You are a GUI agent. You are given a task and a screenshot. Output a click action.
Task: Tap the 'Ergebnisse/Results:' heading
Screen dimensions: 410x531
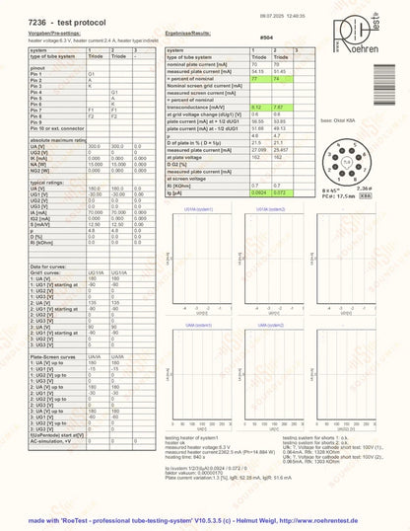(x=192, y=31)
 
